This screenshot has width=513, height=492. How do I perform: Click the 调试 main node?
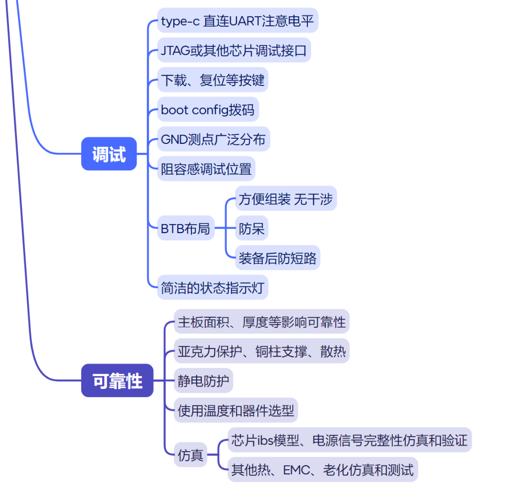109,154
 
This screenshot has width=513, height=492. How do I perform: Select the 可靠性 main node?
117,380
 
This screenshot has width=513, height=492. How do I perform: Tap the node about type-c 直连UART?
237,20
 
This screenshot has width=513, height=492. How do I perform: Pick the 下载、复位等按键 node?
212,80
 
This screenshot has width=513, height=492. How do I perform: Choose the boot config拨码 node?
208,110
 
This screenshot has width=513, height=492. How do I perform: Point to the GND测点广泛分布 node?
213,139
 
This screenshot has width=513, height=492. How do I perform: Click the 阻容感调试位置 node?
206,169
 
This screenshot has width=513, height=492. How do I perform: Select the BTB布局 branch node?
185,228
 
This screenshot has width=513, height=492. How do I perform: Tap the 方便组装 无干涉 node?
285,199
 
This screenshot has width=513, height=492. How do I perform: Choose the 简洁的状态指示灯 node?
212,287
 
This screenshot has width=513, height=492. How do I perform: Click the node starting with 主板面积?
262,322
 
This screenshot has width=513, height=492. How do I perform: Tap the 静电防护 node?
203,380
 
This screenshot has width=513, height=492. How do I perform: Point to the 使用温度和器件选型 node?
236,410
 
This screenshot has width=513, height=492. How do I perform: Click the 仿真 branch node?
190,455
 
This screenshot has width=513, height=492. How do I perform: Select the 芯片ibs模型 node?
349,440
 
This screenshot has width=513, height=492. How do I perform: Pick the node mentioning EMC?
322,469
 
